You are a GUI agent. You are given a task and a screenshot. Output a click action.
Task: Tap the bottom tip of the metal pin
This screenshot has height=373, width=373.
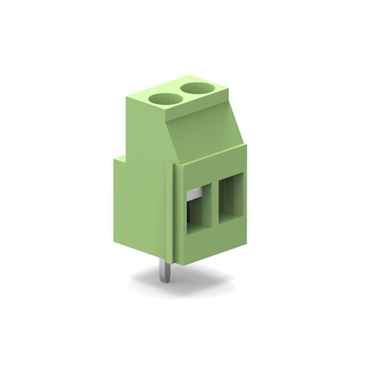tap(164, 280)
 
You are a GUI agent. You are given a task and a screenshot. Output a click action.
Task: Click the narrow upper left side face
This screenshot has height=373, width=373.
tap(146, 127)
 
